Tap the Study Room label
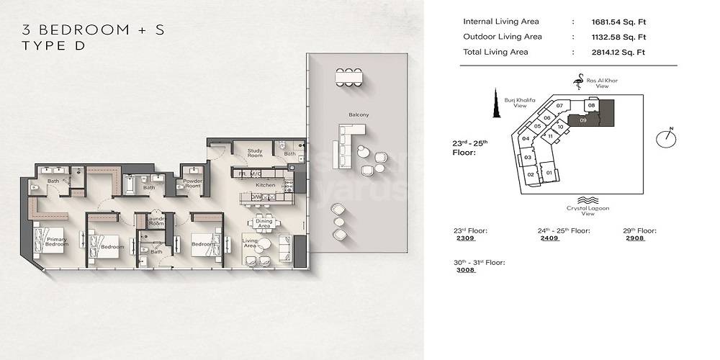point(254,152)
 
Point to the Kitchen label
point(266,185)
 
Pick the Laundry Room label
point(156,222)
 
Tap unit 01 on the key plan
point(549,173)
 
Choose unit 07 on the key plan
point(559,106)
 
